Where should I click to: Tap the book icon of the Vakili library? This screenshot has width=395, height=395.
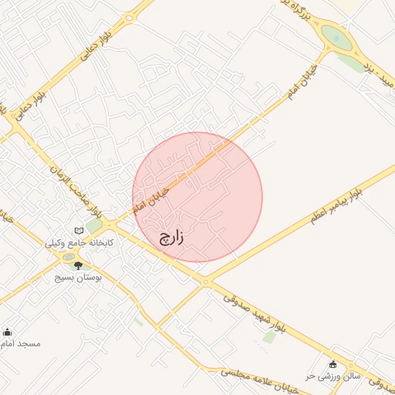(x=79, y=230)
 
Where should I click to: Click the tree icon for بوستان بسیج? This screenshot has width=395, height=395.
(x=77, y=265)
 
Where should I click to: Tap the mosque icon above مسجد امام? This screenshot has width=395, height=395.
(x=8, y=332)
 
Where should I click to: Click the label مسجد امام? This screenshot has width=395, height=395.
(x=20, y=343)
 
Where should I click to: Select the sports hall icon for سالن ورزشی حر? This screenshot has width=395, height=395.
(x=333, y=364)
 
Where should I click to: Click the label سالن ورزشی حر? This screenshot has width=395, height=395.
(x=310, y=376)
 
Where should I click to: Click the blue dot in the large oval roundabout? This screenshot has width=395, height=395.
(x=336, y=35)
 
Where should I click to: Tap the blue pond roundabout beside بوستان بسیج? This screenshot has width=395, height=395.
(x=69, y=257)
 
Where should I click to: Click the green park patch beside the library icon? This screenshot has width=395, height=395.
(x=93, y=226)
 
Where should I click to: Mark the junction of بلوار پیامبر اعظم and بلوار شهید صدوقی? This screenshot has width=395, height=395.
(x=204, y=282)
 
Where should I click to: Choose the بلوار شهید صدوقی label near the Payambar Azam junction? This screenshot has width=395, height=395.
(x=255, y=312)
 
